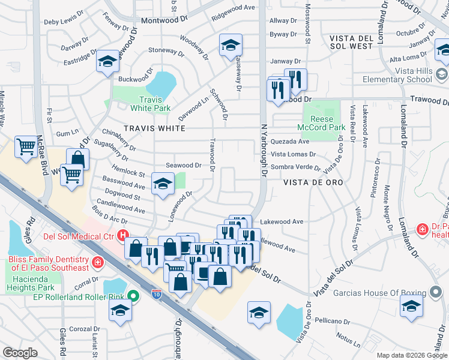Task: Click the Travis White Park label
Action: pyautogui.click(x=151, y=104)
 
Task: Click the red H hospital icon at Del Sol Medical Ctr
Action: pyautogui.click(x=123, y=236)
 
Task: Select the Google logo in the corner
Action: pyautogui.click(x=20, y=352)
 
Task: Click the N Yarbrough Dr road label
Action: pyautogui.click(x=263, y=156)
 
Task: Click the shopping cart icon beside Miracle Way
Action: pyautogui.click(x=26, y=147)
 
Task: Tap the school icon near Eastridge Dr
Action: pyautogui.click(x=108, y=62)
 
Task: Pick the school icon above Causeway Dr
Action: pyautogui.click(x=230, y=45)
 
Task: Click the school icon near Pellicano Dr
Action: pyautogui.click(x=259, y=313)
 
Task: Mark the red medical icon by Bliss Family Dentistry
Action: pyautogui.click(x=97, y=262)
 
